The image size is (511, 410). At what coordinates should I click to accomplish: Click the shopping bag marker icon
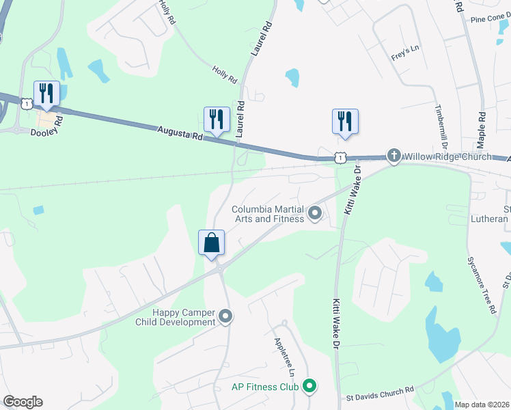tap(212, 243)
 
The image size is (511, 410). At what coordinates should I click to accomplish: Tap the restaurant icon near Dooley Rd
tap(46, 94)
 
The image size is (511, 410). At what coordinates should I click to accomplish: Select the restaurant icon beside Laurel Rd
tap(217, 119)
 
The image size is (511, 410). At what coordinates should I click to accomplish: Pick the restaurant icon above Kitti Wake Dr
tap(345, 122)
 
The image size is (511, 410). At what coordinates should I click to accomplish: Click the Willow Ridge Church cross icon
tap(393, 156)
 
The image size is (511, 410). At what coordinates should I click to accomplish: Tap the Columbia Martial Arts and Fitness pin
tap(315, 214)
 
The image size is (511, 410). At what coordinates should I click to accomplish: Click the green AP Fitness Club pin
tap(309, 387)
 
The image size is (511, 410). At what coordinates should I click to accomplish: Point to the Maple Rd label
tap(482, 131)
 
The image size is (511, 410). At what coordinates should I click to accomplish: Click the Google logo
tap(23, 402)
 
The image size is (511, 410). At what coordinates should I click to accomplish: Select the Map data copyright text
tap(482, 405)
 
